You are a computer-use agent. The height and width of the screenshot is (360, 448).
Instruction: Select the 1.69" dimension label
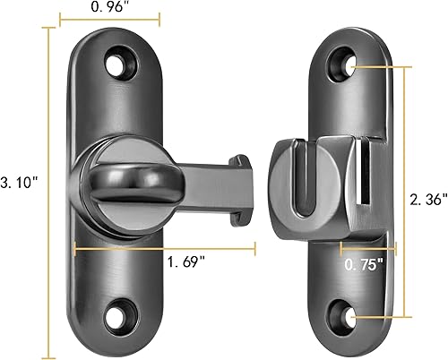[191, 261]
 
